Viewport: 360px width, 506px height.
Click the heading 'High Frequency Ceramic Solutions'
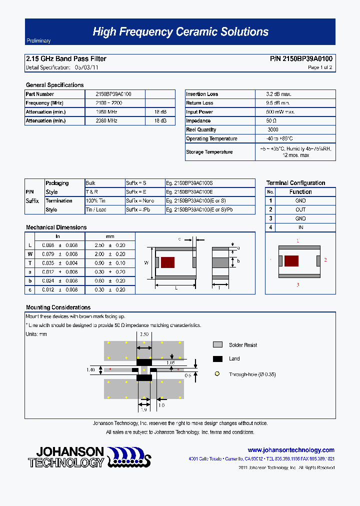(x=180, y=32)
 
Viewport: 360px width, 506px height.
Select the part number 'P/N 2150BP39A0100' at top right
(x=300, y=59)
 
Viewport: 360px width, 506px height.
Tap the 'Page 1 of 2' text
(x=319, y=67)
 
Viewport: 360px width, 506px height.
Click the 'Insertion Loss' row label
(x=202, y=94)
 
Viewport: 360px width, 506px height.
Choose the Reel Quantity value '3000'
(x=273, y=130)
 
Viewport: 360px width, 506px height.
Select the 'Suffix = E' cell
(x=136, y=192)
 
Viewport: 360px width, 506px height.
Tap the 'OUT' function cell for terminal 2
(x=300, y=210)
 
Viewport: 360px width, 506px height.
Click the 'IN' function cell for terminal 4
(x=300, y=227)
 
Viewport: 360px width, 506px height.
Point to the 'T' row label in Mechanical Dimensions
(x=30, y=263)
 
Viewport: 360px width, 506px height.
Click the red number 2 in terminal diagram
(x=325, y=260)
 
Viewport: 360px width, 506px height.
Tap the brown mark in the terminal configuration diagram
(x=291, y=260)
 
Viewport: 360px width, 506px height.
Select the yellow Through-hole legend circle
(x=217, y=374)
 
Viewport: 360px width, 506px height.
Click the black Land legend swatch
(x=217, y=358)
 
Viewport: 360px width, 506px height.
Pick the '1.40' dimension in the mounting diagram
(x=90, y=370)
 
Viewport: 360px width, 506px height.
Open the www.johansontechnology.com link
(x=291, y=450)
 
